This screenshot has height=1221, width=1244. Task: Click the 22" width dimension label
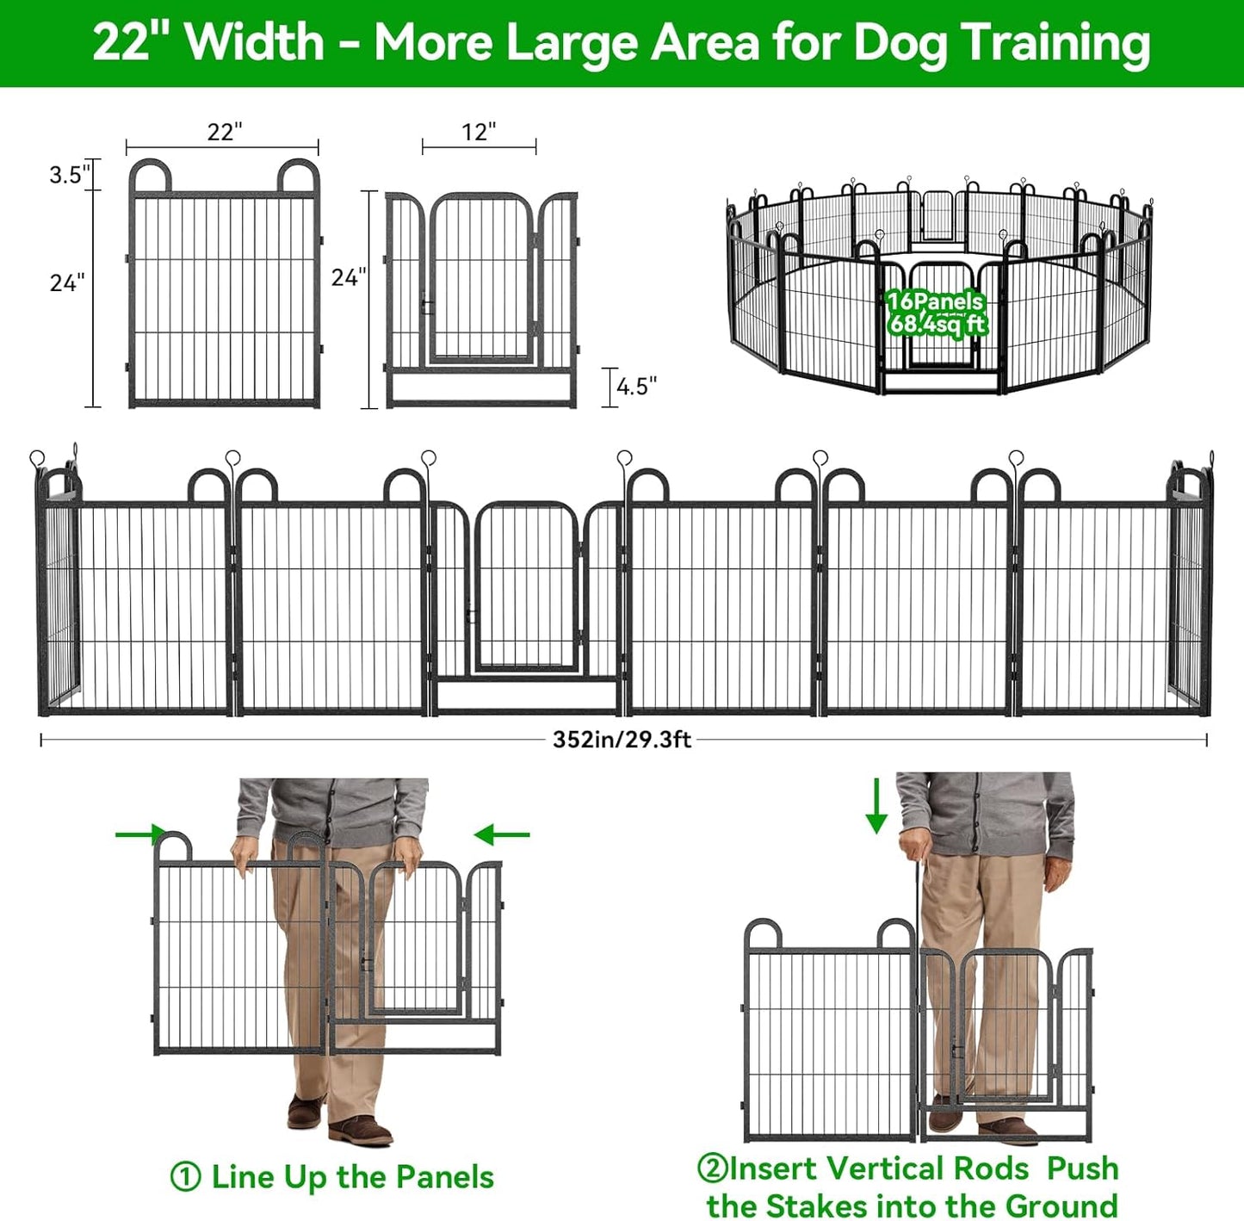tap(224, 132)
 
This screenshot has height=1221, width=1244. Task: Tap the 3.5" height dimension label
tap(68, 175)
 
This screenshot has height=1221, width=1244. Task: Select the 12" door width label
tap(479, 132)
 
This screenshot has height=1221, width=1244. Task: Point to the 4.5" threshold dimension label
tap(636, 387)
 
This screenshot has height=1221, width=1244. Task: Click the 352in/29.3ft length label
tap(622, 740)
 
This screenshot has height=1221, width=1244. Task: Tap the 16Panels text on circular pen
tap(935, 301)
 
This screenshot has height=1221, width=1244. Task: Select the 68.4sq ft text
tap(938, 325)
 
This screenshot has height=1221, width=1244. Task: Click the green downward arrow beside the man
tap(876, 806)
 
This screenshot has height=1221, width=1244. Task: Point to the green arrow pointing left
tap(502, 834)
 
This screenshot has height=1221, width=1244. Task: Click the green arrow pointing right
tap(140, 834)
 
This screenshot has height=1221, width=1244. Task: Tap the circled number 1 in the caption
tap(185, 1177)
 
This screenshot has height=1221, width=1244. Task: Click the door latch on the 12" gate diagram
tap(427, 306)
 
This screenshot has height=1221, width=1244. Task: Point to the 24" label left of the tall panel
tap(67, 282)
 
